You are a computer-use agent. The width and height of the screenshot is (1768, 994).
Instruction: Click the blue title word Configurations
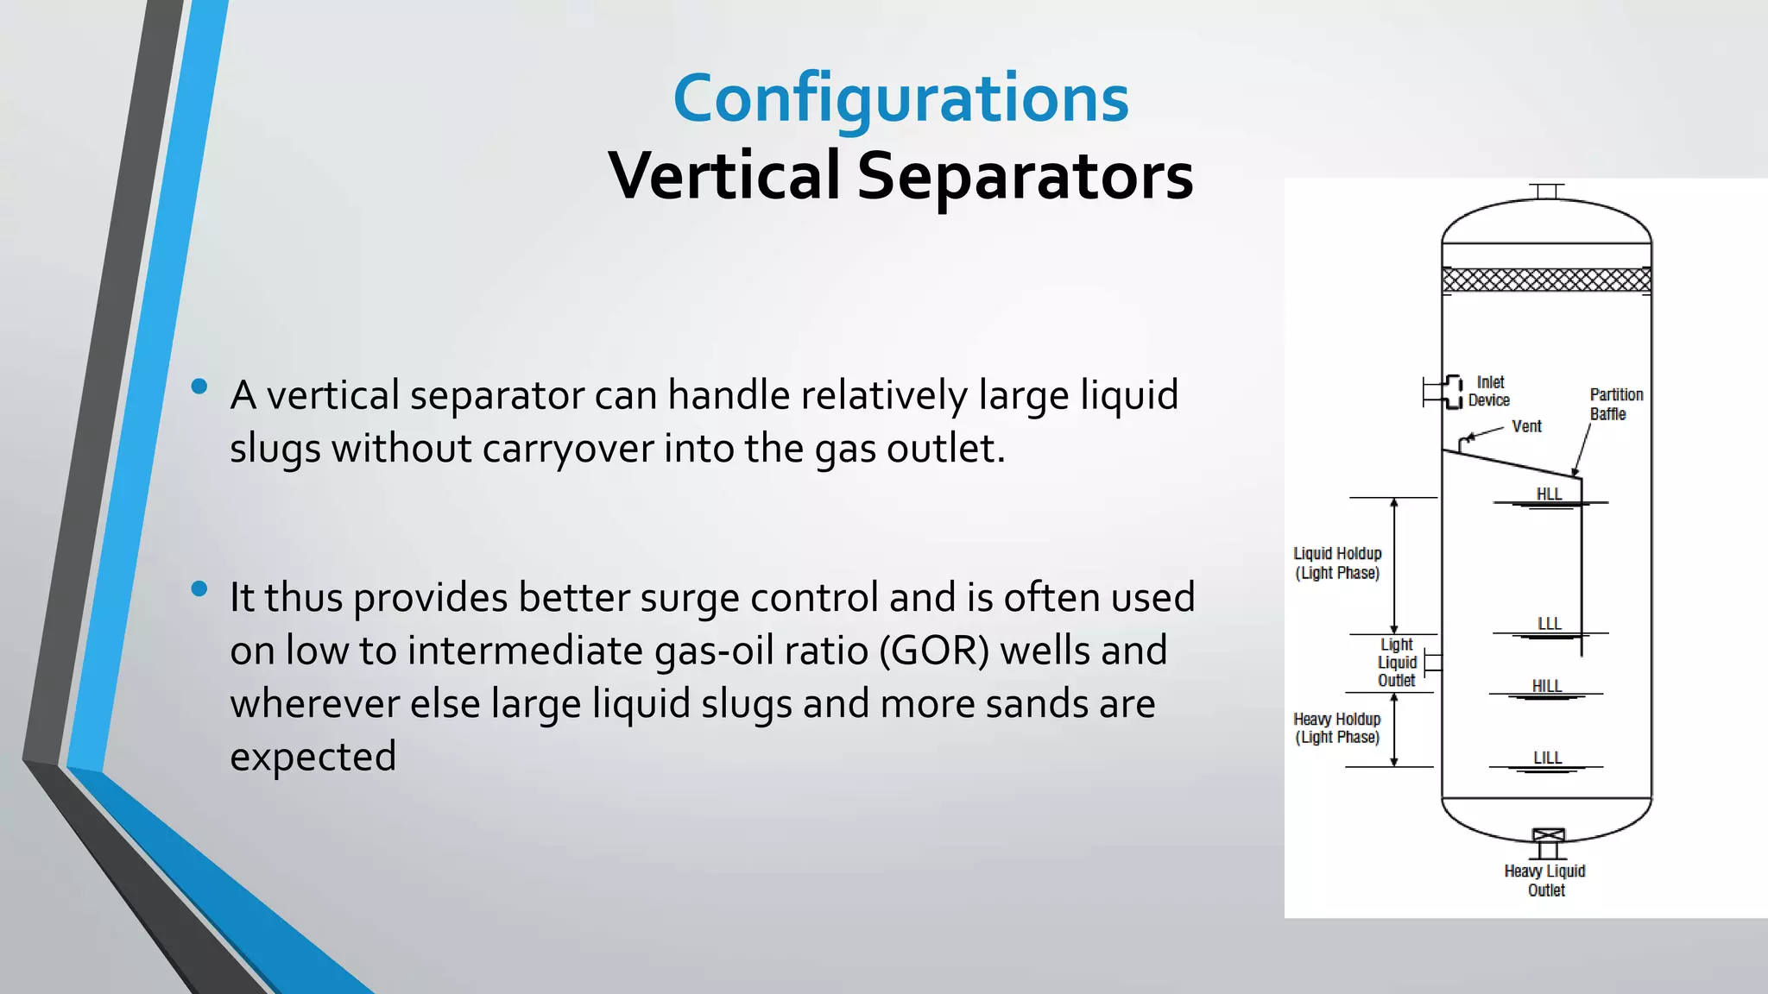900,99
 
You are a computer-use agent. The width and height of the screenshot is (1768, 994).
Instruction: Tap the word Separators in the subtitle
1025,176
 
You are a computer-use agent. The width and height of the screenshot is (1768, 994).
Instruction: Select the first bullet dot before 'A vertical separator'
199,387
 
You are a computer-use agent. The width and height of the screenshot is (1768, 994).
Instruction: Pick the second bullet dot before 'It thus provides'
199,589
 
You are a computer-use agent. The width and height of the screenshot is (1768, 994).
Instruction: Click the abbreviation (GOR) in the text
934,651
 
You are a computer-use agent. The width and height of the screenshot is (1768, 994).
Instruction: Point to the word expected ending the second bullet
313,757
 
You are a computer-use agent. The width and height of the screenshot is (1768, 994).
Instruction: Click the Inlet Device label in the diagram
1489,391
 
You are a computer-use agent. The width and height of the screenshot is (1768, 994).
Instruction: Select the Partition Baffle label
1616,404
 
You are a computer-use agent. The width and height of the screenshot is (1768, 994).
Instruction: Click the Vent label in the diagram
1526,426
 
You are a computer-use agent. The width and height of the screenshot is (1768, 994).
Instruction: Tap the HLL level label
1549,494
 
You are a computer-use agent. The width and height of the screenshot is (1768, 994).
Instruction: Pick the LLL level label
1550,624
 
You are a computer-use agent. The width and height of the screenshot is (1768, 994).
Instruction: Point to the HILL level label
1546,686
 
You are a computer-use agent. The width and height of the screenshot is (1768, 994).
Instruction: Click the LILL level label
1547,758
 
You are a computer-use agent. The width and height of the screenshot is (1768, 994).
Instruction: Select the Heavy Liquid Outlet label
1545,880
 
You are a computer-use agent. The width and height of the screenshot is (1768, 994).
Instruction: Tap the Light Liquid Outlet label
1397,663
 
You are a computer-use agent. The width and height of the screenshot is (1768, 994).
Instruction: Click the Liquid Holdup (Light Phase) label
1337,563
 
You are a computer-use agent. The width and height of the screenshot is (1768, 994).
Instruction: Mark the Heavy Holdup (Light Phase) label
1336,728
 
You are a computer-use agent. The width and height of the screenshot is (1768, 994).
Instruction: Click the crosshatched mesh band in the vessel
1546,280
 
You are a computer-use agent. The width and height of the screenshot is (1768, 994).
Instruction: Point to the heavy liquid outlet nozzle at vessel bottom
1548,842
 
